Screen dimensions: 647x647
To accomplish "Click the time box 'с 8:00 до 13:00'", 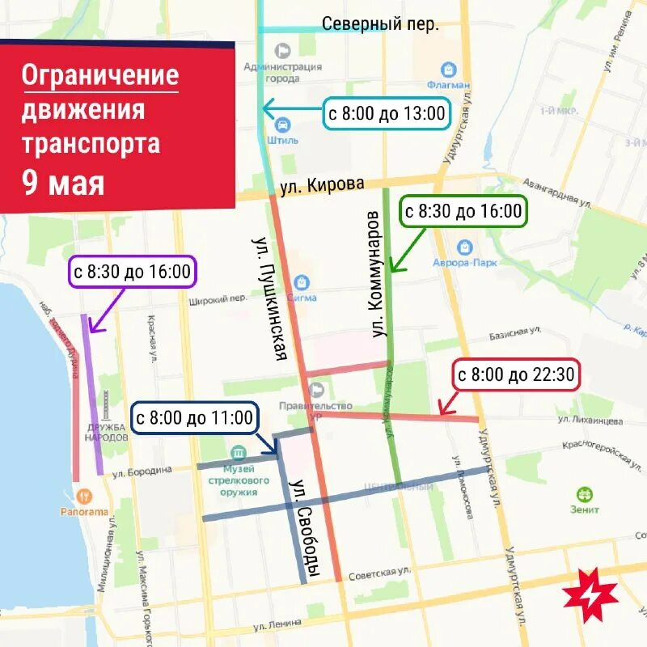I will point(386,113).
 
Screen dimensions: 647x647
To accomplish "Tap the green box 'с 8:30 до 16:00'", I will point(463,212).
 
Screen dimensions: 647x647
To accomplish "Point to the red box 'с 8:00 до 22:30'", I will point(515,375).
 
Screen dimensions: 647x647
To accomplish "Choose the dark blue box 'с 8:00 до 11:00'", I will point(194,418).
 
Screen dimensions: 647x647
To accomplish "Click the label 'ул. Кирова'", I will point(322,184).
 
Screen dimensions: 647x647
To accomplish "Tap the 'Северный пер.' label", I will point(380,24).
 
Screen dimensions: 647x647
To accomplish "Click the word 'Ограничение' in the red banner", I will point(100,75).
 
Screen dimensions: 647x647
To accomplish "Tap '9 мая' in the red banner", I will point(63,184).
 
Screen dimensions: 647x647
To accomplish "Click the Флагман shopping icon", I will point(445,70).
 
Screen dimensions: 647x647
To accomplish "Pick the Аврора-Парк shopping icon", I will point(464,246).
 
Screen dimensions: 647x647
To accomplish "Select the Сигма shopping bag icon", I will point(302,281).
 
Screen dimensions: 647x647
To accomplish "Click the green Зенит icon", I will point(583,493).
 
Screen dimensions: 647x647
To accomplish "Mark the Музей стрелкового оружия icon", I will point(238,453).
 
